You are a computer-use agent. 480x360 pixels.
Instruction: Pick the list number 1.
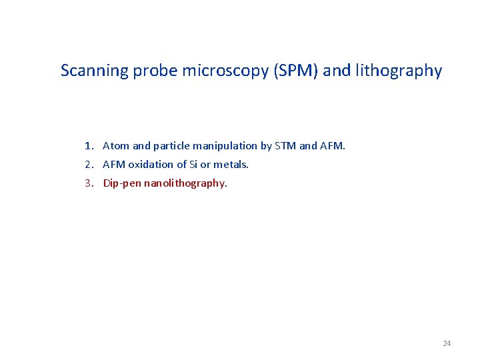[x=88, y=145]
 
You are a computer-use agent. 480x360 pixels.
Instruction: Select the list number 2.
[x=88, y=164]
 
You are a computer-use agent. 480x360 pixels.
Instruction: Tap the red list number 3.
[x=88, y=183]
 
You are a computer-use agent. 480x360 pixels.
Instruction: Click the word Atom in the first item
[x=116, y=145]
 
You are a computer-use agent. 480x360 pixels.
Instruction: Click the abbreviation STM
[x=287, y=145]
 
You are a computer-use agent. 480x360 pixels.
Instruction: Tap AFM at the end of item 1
[x=333, y=145]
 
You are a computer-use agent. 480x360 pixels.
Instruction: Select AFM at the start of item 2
[x=114, y=164]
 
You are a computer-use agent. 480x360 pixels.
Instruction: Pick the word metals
[x=231, y=164]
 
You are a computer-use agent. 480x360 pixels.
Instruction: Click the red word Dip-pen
[x=121, y=183]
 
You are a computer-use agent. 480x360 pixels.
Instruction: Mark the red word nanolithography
[x=185, y=183]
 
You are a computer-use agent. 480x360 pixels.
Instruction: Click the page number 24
[x=447, y=343]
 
